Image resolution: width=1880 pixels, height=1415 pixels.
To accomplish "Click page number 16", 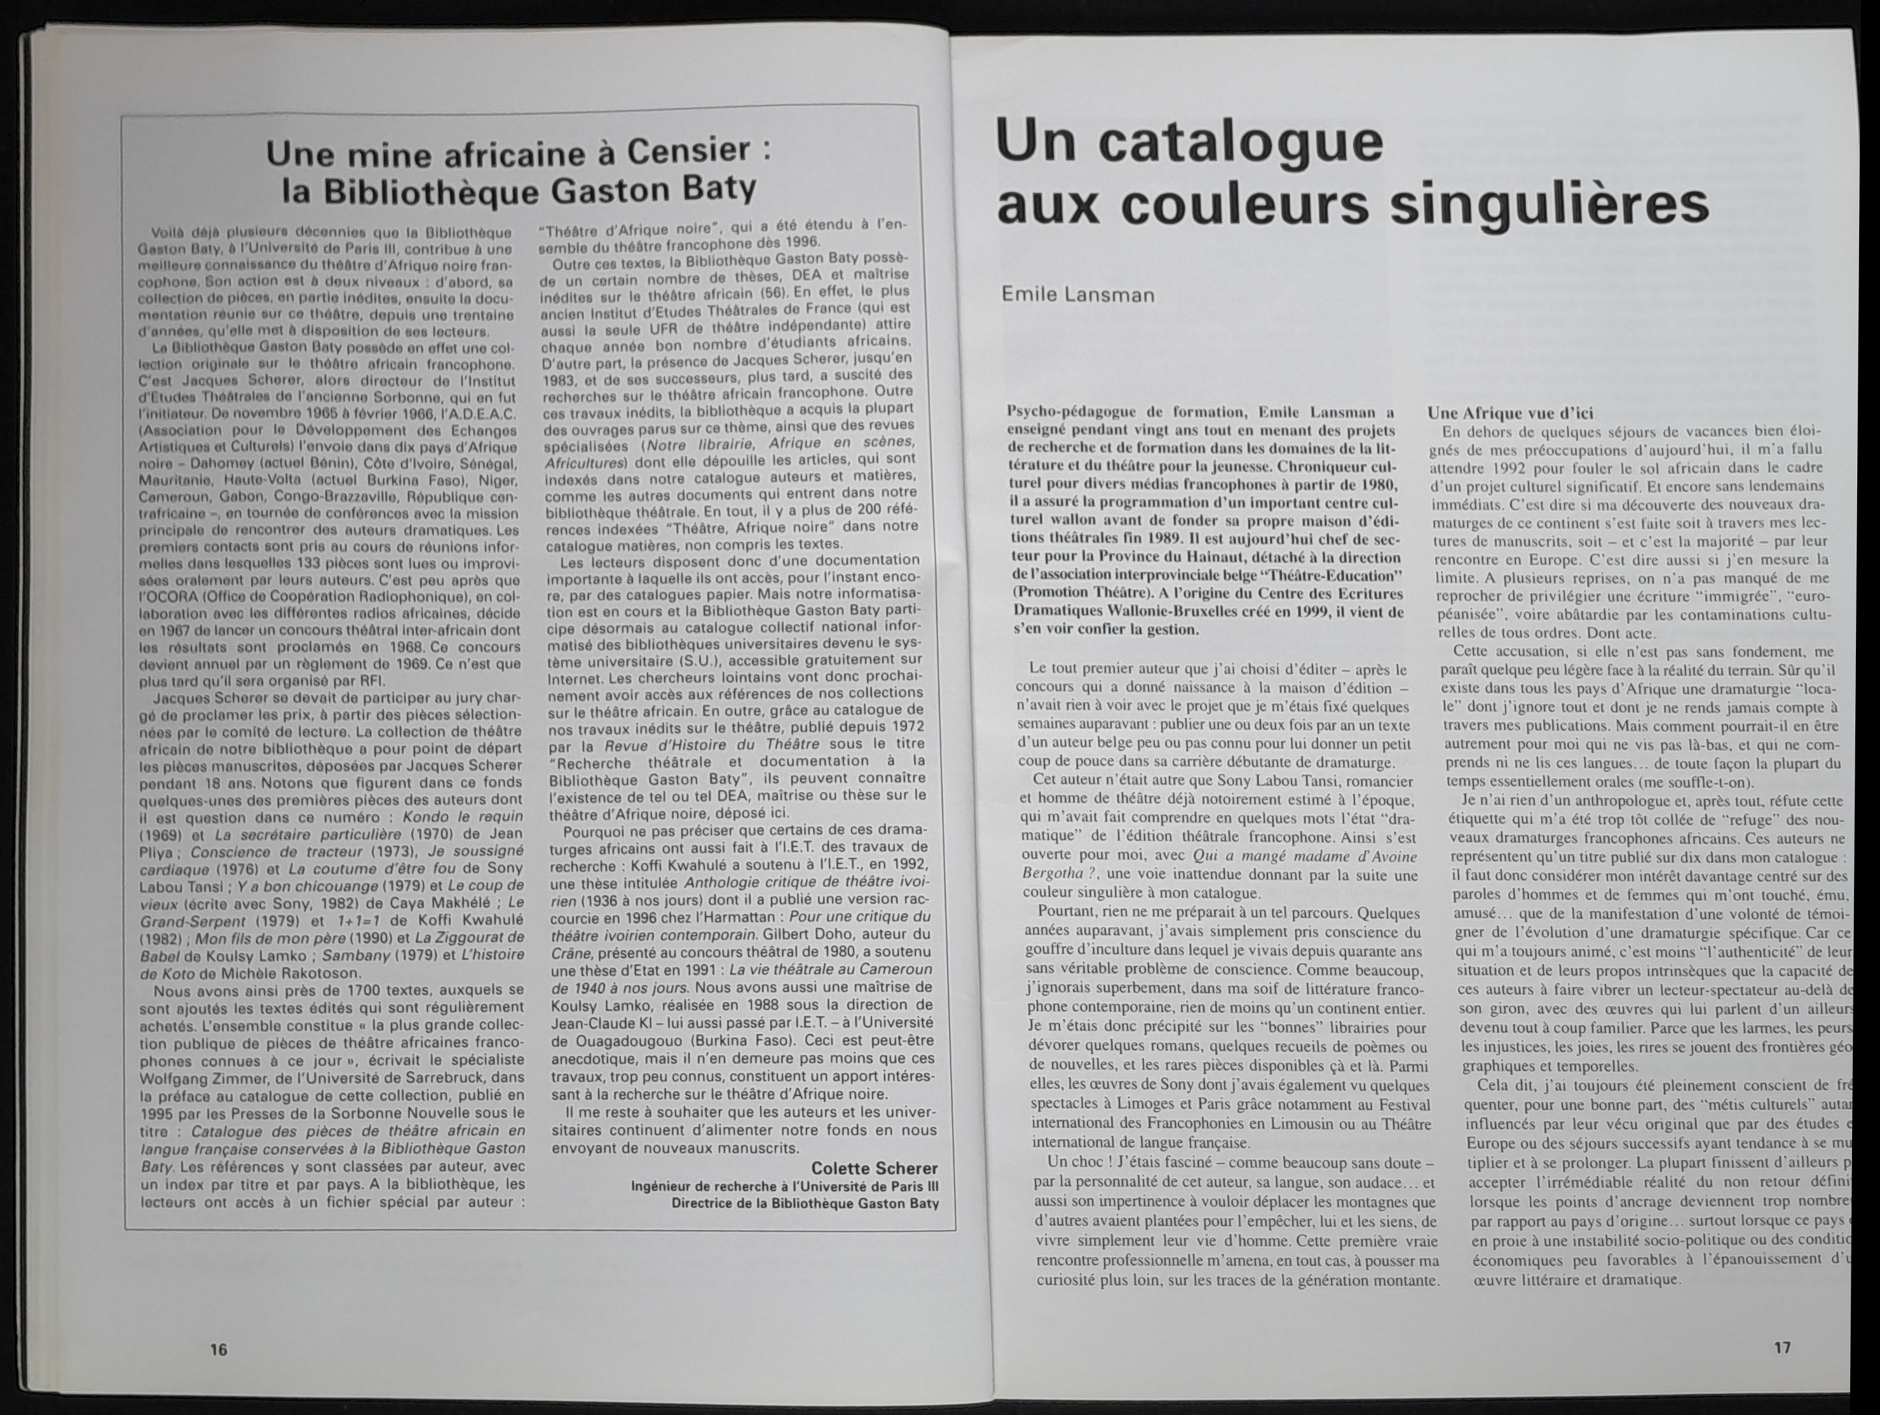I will coord(219,1349).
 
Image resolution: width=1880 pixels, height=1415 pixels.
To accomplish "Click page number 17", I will coord(1782,1347).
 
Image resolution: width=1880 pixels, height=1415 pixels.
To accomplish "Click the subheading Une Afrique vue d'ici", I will coord(1497,413).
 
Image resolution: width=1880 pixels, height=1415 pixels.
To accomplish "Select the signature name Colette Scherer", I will coord(874,1168).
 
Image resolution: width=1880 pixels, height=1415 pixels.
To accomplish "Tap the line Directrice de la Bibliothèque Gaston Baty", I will coord(805,1203).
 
